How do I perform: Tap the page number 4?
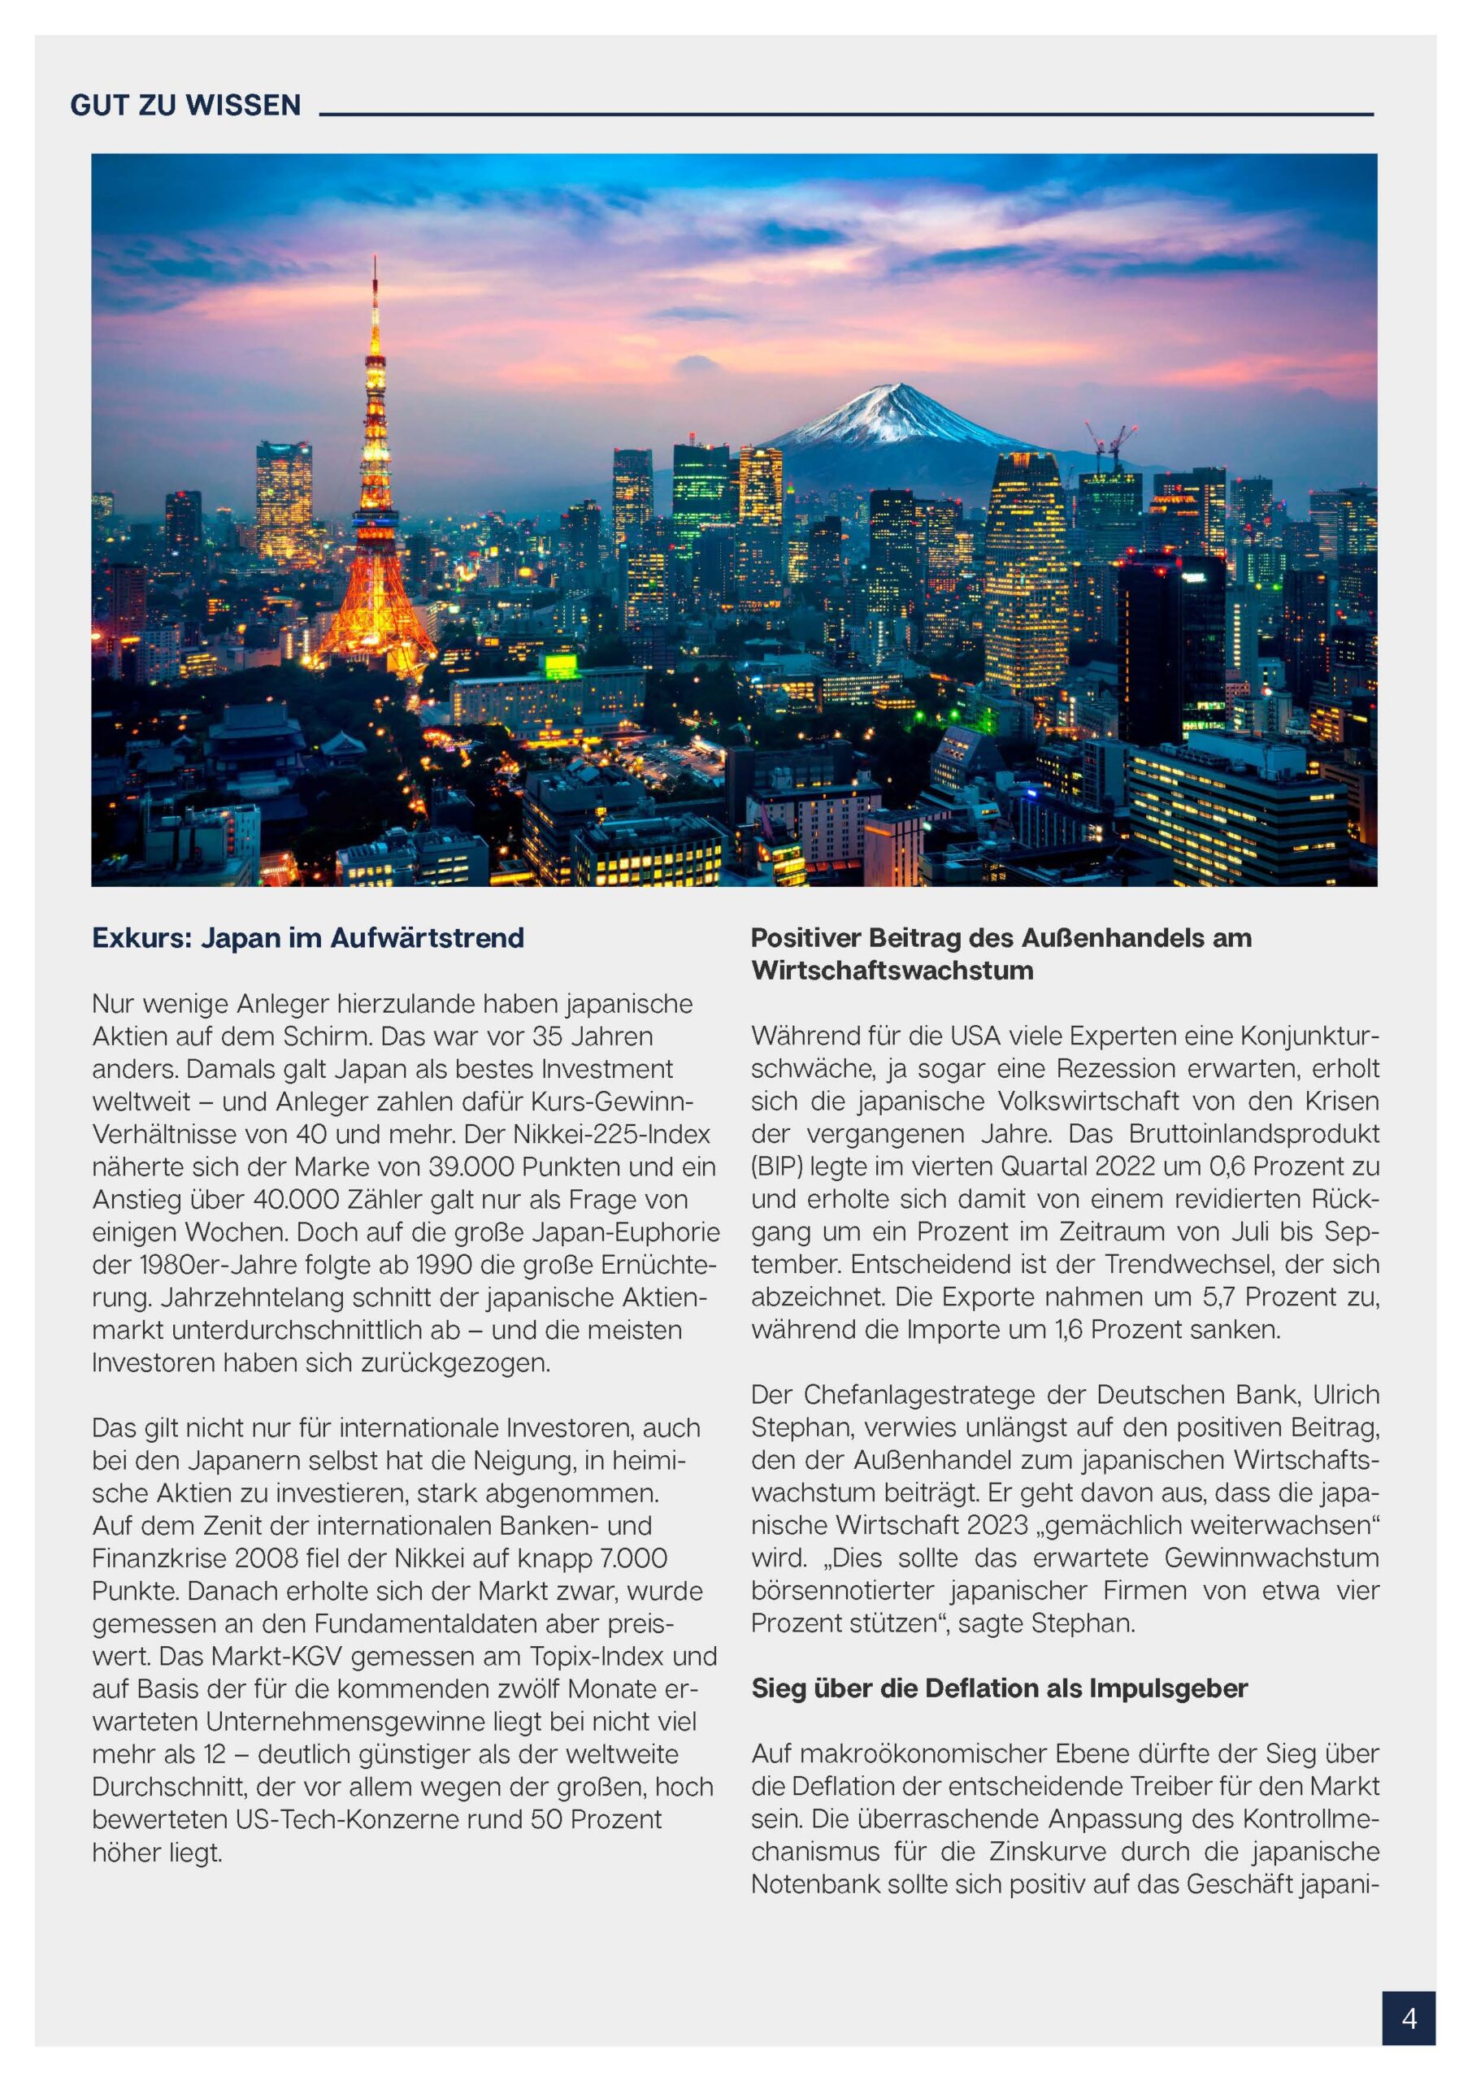[x=1409, y=2018]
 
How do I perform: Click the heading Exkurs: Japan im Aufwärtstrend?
[x=307, y=937]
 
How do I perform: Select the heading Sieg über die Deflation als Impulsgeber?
[x=999, y=1688]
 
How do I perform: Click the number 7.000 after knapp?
[x=632, y=1558]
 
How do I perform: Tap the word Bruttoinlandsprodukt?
[x=1254, y=1134]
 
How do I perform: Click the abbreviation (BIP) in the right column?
[x=777, y=1166]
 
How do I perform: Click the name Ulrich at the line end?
[x=1345, y=1395]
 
